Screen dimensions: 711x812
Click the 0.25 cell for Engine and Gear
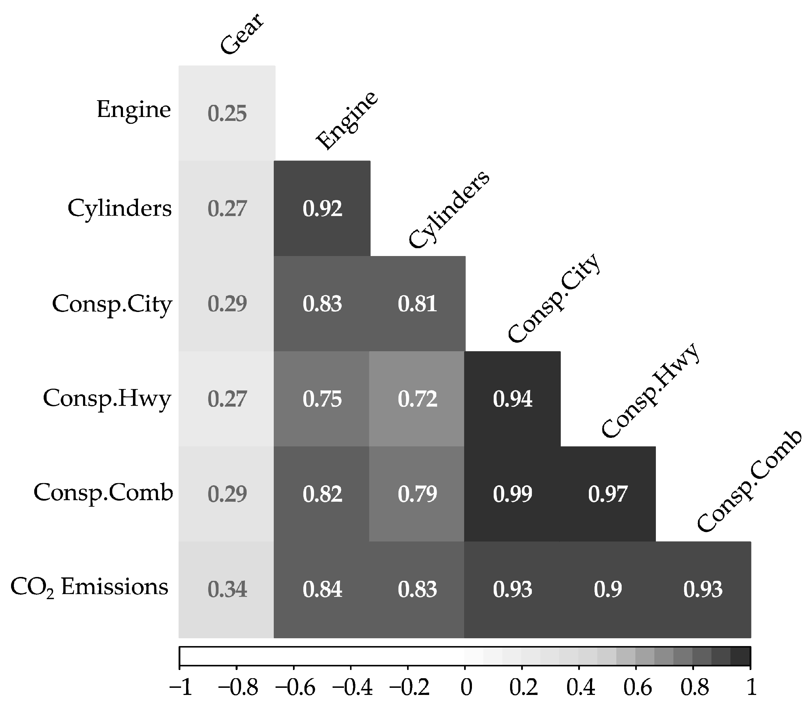click(227, 113)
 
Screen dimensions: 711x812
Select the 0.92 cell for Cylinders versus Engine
click(322, 209)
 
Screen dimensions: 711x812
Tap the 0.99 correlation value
click(512, 494)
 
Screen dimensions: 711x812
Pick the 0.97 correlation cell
click(607, 494)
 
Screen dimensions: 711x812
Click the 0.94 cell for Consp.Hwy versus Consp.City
click(512, 399)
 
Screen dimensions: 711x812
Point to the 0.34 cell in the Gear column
click(227, 589)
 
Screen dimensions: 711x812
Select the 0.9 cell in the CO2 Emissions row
click(607, 589)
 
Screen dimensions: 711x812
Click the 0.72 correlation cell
click(417, 399)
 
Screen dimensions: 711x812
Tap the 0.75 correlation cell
click(322, 399)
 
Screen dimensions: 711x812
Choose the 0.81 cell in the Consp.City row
click(417, 304)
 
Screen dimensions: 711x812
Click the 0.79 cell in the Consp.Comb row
click(417, 494)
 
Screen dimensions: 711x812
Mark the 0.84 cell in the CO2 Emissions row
click(322, 589)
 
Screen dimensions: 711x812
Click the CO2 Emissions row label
click(89, 587)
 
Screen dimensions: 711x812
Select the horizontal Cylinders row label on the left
click(119, 208)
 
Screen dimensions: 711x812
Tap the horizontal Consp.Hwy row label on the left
click(107, 398)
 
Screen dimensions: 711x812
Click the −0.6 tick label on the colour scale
click(294, 687)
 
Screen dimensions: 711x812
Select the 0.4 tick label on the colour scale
click(580, 687)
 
